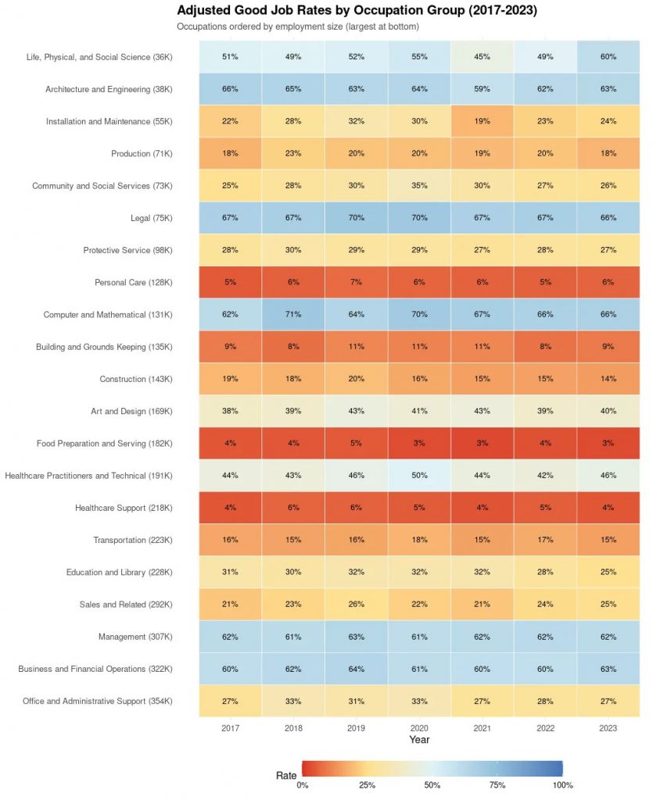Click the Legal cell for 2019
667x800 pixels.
coord(356,218)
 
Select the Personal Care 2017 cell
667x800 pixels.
coord(231,282)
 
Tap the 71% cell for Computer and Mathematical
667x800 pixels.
coord(293,314)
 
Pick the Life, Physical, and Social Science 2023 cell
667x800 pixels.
coord(608,56)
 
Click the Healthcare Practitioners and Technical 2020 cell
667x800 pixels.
coord(419,476)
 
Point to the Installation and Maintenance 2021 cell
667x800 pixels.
coord(482,121)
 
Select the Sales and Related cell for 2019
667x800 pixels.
coord(356,605)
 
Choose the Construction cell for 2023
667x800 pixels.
coord(608,379)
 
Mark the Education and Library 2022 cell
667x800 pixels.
coord(546,572)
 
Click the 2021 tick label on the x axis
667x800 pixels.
coord(482,728)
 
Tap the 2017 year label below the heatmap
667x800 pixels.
coord(231,728)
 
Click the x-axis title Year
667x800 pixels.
coord(419,740)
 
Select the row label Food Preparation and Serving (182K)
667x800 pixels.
coord(104,444)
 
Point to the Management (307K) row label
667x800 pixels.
coord(135,637)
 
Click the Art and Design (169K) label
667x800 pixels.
coord(132,411)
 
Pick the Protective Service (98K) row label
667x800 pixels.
coord(127,250)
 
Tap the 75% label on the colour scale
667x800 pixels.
coord(497,785)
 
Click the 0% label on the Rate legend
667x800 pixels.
coord(303,785)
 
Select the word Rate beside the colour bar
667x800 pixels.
coord(286,776)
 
